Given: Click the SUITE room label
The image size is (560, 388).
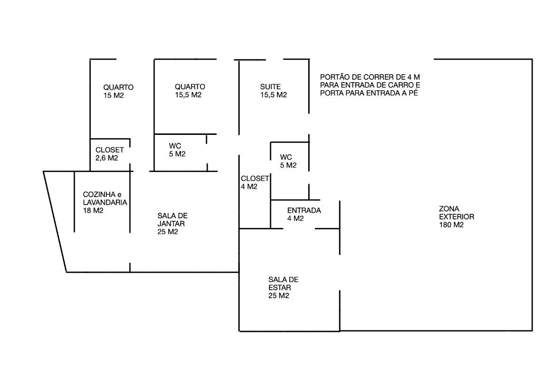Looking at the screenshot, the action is click(273, 91).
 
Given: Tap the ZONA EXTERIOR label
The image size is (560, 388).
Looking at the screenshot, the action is click(456, 217).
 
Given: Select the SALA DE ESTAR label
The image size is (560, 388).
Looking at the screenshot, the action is click(283, 287).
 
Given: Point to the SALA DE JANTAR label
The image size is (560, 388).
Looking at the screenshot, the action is click(172, 224).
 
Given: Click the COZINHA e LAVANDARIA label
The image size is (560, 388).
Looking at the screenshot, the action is click(105, 202).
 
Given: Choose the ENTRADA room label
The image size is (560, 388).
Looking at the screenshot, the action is click(304, 214).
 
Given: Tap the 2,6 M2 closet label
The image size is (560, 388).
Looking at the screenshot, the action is click(107, 158).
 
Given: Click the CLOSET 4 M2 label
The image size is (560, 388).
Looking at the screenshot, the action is click(255, 182).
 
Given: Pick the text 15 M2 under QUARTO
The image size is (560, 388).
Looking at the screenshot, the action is click(114, 95).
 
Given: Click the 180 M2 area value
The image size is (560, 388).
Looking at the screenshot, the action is click(451, 225).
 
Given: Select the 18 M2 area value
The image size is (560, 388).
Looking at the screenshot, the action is click(93, 210).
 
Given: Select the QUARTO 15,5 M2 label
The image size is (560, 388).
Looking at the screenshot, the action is click(190, 91).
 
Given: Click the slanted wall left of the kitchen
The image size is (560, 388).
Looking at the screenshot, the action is click(55, 222).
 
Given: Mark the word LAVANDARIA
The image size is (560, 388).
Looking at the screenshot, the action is click(105, 202).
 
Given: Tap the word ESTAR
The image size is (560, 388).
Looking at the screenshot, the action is click(280, 288).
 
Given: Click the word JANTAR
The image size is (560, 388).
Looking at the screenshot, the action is click(171, 224).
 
